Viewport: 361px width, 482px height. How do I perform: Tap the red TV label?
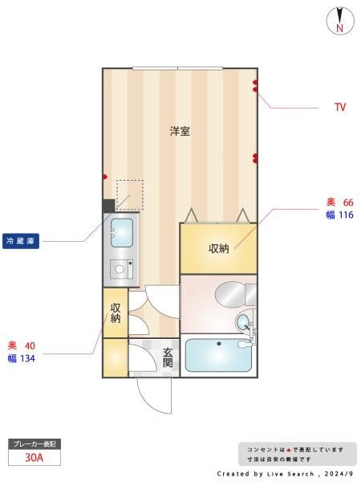(x=340, y=108)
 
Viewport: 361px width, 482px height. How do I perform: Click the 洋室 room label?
(x=180, y=131)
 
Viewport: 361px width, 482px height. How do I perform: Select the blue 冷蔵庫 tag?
(x=21, y=241)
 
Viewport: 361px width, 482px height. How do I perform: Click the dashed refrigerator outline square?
(x=129, y=195)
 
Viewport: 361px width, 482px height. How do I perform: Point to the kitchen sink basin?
(x=122, y=233)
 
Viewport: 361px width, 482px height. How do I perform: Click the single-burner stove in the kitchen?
(x=122, y=269)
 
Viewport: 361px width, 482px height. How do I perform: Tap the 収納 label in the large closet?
(x=219, y=248)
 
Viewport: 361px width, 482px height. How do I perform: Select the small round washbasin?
(x=244, y=322)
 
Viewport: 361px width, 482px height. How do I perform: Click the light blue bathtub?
(x=218, y=355)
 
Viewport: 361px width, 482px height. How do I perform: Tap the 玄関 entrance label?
(x=168, y=357)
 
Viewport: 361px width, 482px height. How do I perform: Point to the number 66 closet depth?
(x=348, y=202)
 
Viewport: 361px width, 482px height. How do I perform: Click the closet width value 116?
(x=347, y=214)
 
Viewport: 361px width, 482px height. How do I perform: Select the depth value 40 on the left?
(x=30, y=345)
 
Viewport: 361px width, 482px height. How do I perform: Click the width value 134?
(x=27, y=358)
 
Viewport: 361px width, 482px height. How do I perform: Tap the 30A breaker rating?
(x=34, y=458)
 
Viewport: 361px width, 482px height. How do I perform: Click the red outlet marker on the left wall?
(x=104, y=177)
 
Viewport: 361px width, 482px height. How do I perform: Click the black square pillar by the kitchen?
(x=108, y=206)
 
